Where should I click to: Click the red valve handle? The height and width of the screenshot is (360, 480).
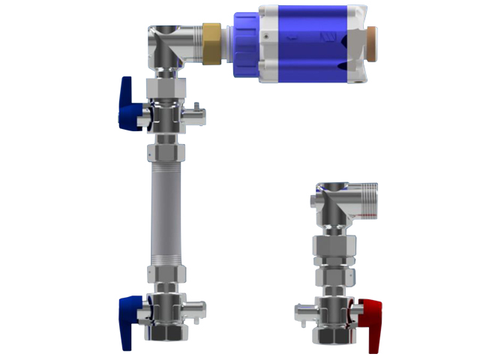coord(371,318)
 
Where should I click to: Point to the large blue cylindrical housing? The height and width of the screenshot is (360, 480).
coord(303,43)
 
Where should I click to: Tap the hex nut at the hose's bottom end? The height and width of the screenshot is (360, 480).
coord(166,274)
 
